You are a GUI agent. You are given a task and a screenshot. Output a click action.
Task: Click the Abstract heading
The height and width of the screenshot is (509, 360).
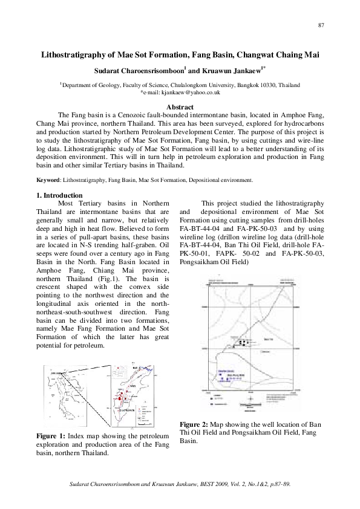pos(180,107)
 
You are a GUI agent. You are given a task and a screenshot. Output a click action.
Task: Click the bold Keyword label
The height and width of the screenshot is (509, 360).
pos(48,180)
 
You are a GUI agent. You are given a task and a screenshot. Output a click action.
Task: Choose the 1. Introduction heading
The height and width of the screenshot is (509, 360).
pos(60,195)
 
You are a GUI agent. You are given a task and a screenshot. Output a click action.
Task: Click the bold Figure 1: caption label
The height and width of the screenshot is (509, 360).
pos(51,435)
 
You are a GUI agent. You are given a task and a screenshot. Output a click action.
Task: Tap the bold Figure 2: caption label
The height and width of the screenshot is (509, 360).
pos(195,424)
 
